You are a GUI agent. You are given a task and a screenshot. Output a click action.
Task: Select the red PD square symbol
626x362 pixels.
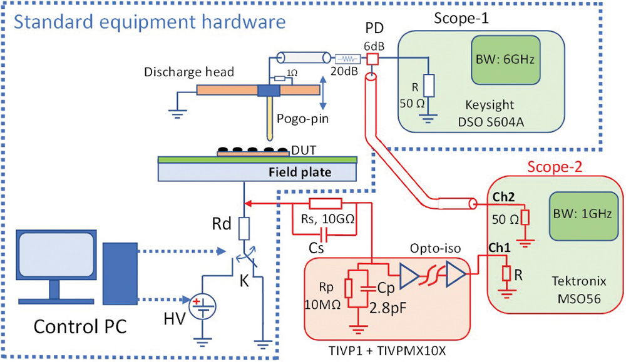click(x=372, y=59)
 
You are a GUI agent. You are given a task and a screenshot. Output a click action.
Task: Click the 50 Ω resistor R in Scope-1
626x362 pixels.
click(x=428, y=84)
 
